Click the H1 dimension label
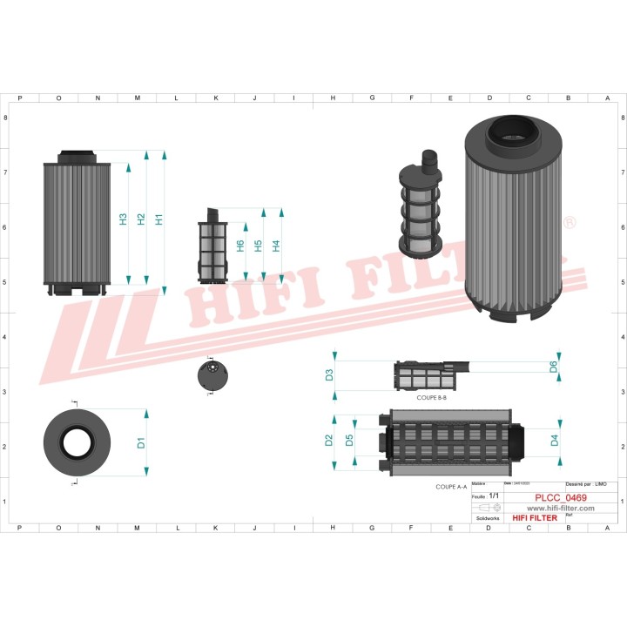click(x=159, y=219)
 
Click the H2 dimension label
click(x=141, y=219)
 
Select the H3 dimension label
click(x=123, y=219)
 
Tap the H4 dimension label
click(x=276, y=246)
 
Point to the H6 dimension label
click(x=240, y=246)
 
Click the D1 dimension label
click(x=141, y=442)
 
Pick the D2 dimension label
click(x=329, y=440)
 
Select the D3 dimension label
click(x=329, y=375)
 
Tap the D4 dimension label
click(x=555, y=440)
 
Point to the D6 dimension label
click(x=554, y=367)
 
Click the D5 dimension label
click(x=348, y=440)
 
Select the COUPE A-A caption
click(x=451, y=488)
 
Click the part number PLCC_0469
click(x=560, y=498)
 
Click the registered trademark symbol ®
click(x=570, y=223)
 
